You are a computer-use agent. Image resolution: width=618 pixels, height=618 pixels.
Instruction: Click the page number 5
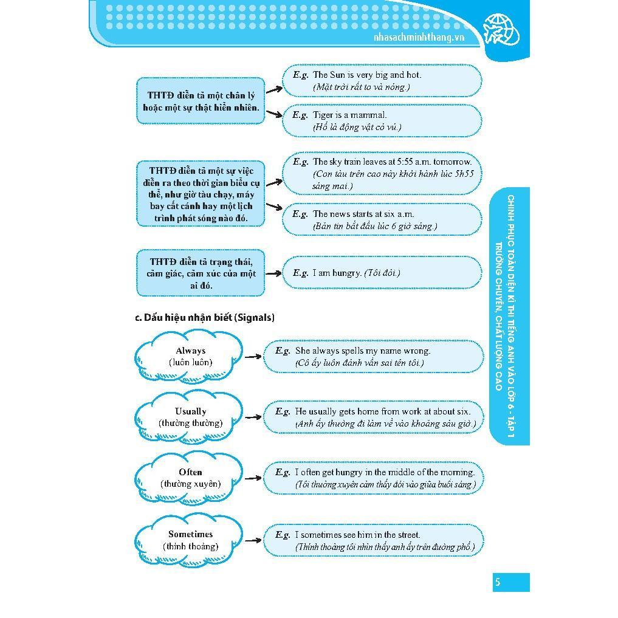pyautogui.click(x=497, y=582)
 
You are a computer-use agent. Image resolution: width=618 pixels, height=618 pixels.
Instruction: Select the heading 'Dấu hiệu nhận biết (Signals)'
pyautogui.click(x=205, y=317)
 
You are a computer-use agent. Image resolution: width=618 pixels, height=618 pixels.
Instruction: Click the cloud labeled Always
pyautogui.click(x=190, y=357)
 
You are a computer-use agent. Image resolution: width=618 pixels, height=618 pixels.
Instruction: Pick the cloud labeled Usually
pyautogui.click(x=190, y=417)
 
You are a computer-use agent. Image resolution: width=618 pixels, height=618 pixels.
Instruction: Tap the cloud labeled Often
pyautogui.click(x=190, y=478)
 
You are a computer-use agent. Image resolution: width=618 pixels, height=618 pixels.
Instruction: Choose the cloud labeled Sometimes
pyautogui.click(x=190, y=540)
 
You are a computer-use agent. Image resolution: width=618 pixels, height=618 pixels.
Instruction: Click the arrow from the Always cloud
pyautogui.click(x=253, y=357)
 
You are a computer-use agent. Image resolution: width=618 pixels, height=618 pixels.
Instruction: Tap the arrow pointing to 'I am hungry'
pyautogui.click(x=273, y=273)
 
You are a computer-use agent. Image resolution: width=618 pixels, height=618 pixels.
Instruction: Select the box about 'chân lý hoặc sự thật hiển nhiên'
pyautogui.click(x=201, y=101)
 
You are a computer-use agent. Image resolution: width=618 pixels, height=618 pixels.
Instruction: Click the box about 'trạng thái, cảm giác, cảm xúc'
pyautogui.click(x=201, y=273)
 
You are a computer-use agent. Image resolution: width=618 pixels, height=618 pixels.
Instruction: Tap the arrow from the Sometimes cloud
pyautogui.click(x=253, y=540)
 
